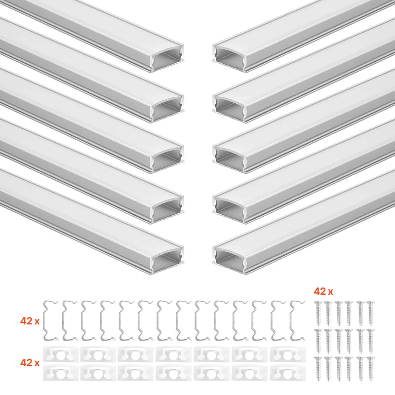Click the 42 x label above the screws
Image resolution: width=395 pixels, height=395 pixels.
pyautogui.click(x=323, y=291)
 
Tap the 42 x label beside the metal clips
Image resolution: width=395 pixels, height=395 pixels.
pyautogui.click(x=30, y=321)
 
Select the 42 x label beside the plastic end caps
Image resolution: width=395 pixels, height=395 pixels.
pyautogui.click(x=30, y=363)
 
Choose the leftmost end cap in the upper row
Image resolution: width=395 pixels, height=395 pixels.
pyautogui.click(x=61, y=355)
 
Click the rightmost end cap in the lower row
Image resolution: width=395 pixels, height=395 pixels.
pyautogui.click(x=288, y=373)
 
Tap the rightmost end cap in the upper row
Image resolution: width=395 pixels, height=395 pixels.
pyautogui.click(x=288, y=355)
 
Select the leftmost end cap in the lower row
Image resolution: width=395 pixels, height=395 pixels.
pyautogui.click(x=61, y=373)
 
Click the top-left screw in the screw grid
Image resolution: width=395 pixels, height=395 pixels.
pyautogui.click(x=317, y=314)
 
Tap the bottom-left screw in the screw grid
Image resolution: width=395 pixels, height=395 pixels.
pyautogui.click(x=317, y=369)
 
